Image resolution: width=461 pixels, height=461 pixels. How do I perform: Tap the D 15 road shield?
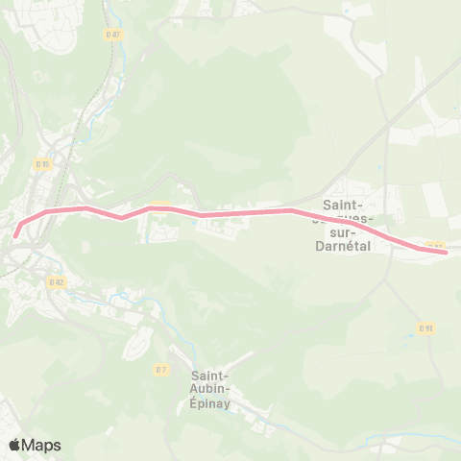[42, 164]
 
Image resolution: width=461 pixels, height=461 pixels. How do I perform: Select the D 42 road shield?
[58, 282]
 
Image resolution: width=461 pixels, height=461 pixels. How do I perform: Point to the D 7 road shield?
[161, 368]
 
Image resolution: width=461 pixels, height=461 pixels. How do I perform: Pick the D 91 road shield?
[426, 328]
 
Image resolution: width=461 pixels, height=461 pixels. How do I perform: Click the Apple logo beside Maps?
[14, 446]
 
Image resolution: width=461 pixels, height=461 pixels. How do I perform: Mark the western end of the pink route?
[15, 234]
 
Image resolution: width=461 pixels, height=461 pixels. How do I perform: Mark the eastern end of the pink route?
[445, 253]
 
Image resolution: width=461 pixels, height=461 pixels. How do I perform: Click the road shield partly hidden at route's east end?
[434, 246]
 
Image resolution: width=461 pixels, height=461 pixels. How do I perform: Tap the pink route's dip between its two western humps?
[122, 217]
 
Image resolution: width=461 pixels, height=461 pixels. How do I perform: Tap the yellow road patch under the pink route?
[159, 205]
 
